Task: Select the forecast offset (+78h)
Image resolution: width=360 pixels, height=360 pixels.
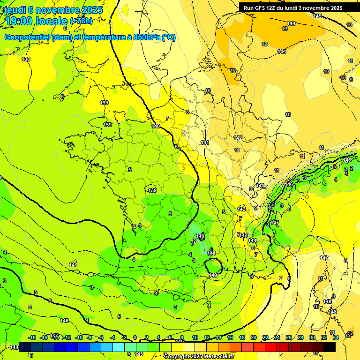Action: click(x=81, y=21)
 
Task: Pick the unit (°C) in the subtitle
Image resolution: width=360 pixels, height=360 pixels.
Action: click(x=169, y=37)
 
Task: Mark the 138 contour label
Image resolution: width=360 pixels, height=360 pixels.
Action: click(x=26, y=59)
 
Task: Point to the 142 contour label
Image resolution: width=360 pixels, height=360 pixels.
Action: click(x=238, y=138)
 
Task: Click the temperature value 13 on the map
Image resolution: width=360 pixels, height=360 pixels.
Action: click(x=285, y=29)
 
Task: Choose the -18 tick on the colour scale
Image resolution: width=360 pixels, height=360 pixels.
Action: click(x=32, y=337)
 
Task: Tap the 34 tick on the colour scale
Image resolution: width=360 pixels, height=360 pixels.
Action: click(x=336, y=337)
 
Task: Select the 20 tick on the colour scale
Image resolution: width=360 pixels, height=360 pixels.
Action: click(x=254, y=337)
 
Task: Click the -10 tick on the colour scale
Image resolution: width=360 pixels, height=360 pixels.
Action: click(x=79, y=337)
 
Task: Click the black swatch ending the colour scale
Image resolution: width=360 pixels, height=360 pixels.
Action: click(x=330, y=346)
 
